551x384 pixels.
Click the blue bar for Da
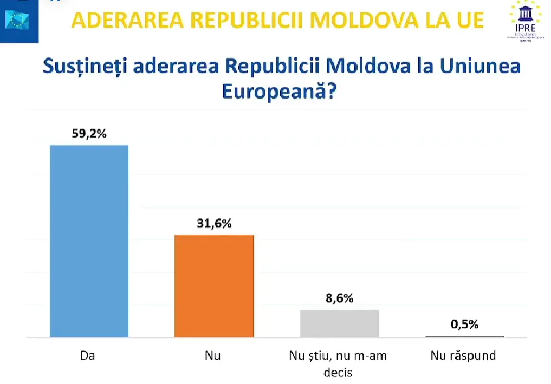[x=89, y=241]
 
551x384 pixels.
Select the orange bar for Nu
[x=214, y=286]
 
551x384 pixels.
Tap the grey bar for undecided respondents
[x=339, y=323]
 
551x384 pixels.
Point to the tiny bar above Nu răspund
[x=464, y=336]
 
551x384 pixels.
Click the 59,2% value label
[x=89, y=134]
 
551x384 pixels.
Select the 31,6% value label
[x=214, y=223]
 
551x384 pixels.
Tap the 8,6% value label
[x=339, y=298]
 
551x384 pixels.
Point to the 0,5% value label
[x=464, y=324]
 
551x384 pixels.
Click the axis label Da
[x=88, y=356]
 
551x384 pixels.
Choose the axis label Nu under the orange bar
[x=213, y=356]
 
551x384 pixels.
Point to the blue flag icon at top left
[x=17, y=19]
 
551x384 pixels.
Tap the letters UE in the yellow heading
[x=468, y=20]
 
